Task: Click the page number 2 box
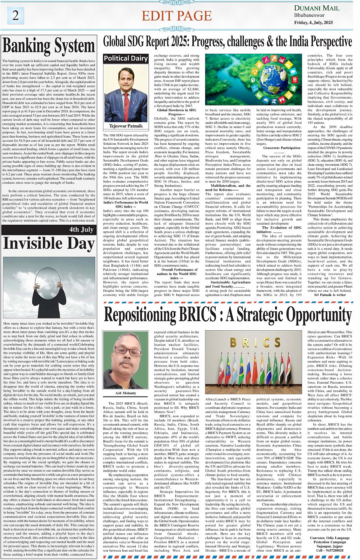point(16,15)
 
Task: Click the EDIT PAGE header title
point(176,16)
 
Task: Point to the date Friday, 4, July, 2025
point(313,22)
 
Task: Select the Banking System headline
point(48,46)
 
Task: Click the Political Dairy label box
point(126,58)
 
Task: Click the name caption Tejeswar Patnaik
point(126,126)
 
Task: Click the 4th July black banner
point(48,229)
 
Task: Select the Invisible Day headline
point(48,244)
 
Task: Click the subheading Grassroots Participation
point(282,148)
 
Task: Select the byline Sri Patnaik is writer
point(330,294)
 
